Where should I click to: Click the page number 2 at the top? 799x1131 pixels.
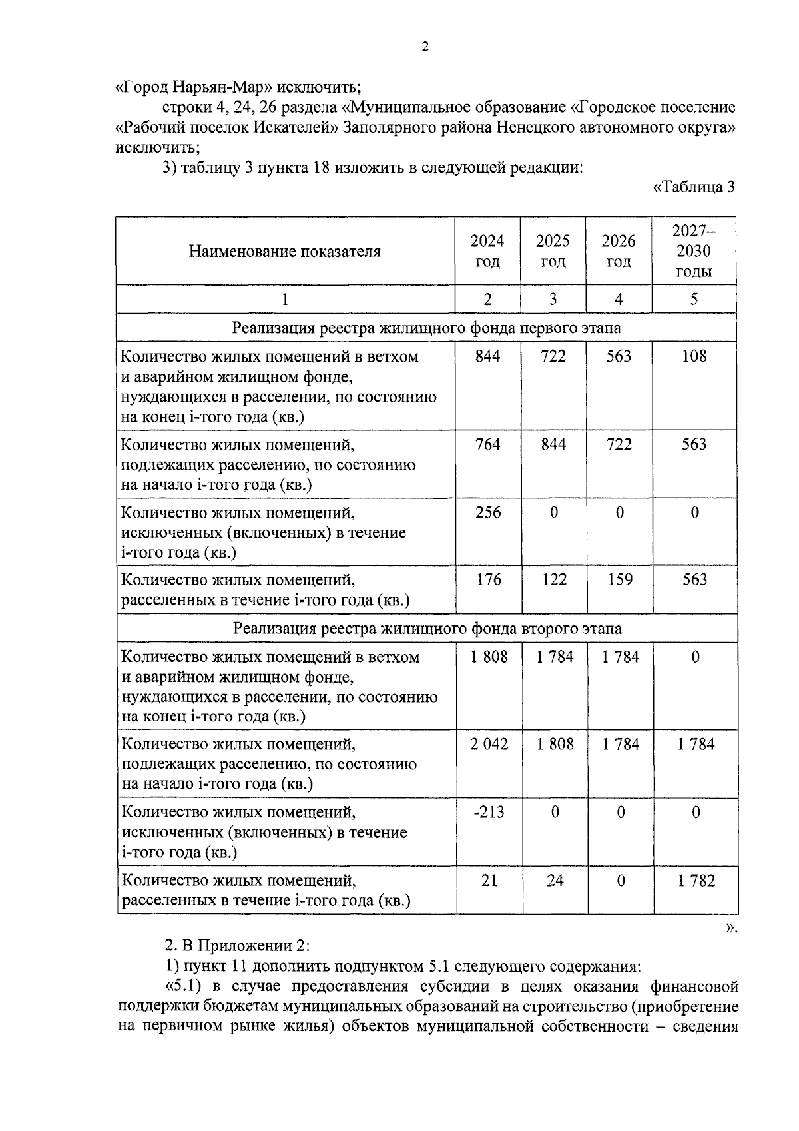click(x=425, y=47)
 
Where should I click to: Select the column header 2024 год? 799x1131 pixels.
click(x=487, y=251)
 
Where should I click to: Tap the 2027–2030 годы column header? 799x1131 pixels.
click(x=694, y=251)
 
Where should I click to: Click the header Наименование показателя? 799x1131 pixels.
click(x=285, y=252)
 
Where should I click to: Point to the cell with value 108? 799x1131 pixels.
click(x=694, y=356)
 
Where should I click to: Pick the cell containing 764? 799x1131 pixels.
click(x=487, y=444)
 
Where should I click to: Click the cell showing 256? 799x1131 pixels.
click(x=487, y=512)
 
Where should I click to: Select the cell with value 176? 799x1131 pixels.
click(x=487, y=579)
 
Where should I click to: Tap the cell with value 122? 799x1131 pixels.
click(x=553, y=579)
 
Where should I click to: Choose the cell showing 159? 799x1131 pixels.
click(x=619, y=579)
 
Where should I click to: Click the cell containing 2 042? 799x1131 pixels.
click(x=489, y=744)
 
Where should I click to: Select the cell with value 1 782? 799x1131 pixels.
click(x=696, y=881)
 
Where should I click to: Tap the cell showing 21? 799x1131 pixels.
click(x=489, y=881)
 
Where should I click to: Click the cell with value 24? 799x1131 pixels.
click(x=555, y=881)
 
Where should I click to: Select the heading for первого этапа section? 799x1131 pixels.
click(x=426, y=328)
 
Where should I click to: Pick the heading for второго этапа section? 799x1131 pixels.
click(x=427, y=629)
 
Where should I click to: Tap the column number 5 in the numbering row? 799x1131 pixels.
click(x=694, y=300)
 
